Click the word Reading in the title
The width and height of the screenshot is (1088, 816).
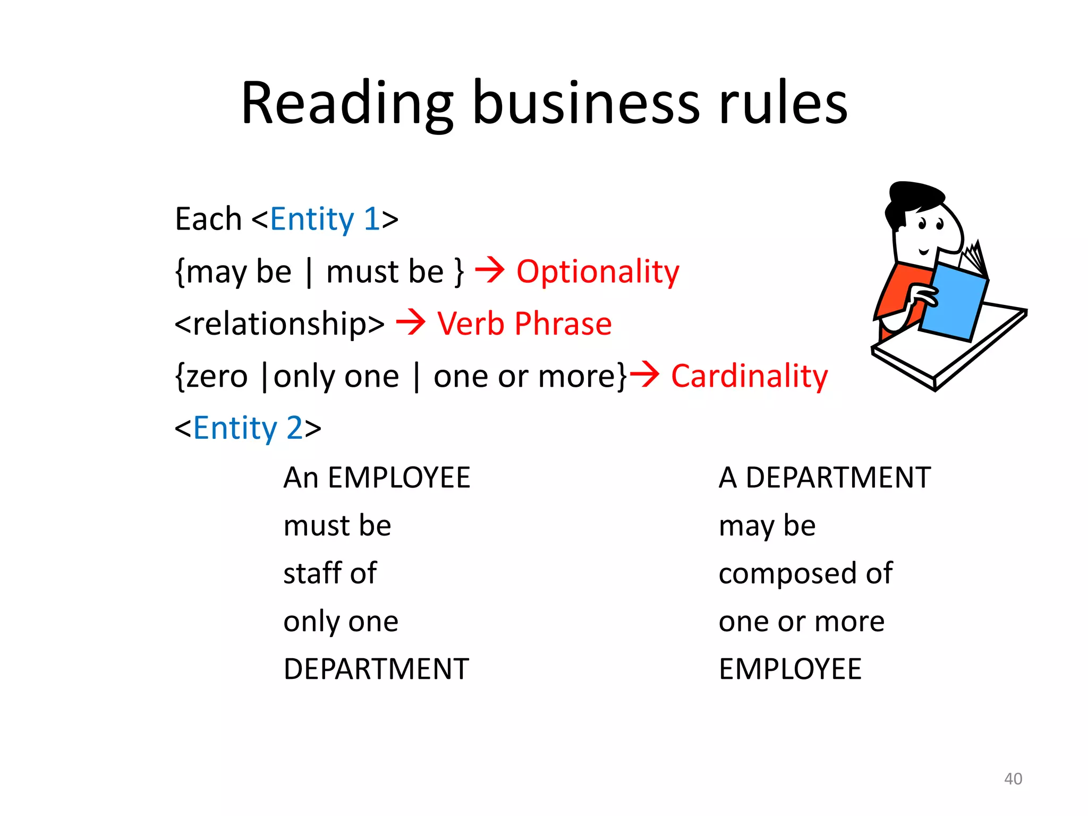(x=347, y=104)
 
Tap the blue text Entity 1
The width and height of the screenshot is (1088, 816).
(x=325, y=219)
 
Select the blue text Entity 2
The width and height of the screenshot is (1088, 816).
(x=248, y=428)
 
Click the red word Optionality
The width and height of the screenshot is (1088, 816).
(x=598, y=272)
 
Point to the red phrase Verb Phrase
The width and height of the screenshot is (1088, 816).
(x=524, y=324)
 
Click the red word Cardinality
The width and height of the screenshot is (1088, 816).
(x=749, y=376)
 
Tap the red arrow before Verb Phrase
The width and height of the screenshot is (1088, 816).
(x=411, y=322)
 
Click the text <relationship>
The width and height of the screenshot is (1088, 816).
(x=279, y=324)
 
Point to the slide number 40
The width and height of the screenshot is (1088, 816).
(x=1013, y=779)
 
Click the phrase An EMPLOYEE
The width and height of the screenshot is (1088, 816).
(x=377, y=478)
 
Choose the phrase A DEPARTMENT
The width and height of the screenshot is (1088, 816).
(x=824, y=478)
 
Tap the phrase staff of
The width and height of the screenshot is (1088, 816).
(x=330, y=573)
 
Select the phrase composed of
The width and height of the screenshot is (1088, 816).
(x=805, y=573)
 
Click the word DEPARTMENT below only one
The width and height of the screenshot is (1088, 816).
(x=376, y=669)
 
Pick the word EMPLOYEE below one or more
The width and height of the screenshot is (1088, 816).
(x=790, y=669)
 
